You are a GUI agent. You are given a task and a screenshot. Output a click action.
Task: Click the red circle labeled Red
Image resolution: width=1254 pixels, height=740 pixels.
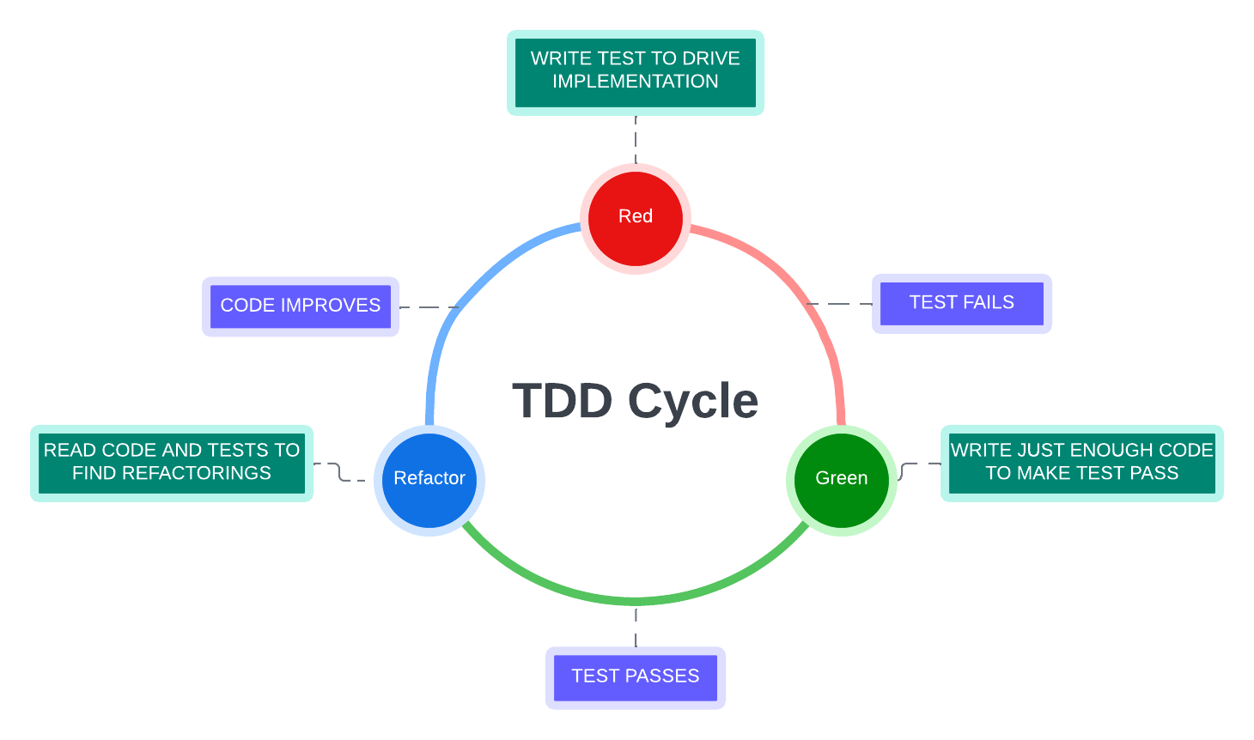636,218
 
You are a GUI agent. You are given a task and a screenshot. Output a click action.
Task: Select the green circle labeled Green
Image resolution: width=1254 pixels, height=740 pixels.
841,479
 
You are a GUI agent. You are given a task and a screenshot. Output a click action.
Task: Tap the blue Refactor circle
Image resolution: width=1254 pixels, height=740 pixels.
429,479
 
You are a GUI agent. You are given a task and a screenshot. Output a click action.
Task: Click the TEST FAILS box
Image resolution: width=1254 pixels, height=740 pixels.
961,303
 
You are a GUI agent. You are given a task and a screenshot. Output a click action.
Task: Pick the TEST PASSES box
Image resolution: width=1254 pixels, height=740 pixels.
636,677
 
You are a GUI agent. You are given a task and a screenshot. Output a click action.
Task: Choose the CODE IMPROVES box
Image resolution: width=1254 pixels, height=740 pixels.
301,306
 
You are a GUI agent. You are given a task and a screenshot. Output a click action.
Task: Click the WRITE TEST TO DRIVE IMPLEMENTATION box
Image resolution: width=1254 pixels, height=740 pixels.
636,71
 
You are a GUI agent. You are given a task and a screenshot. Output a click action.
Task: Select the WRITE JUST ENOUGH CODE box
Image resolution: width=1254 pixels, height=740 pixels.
1081,463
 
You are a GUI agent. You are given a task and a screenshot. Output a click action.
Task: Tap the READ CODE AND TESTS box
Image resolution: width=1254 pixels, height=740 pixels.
172,463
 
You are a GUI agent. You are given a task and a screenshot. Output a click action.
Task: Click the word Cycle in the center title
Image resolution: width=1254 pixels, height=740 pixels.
693,401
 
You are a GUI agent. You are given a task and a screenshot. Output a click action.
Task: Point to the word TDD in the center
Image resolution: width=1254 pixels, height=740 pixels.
563,401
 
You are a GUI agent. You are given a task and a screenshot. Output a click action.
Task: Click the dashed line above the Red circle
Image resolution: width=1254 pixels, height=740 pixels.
636,138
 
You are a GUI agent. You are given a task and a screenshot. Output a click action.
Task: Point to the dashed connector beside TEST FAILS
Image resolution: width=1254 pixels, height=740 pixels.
840,304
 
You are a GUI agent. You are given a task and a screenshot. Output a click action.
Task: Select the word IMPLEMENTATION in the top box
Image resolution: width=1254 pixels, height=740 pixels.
636,82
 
